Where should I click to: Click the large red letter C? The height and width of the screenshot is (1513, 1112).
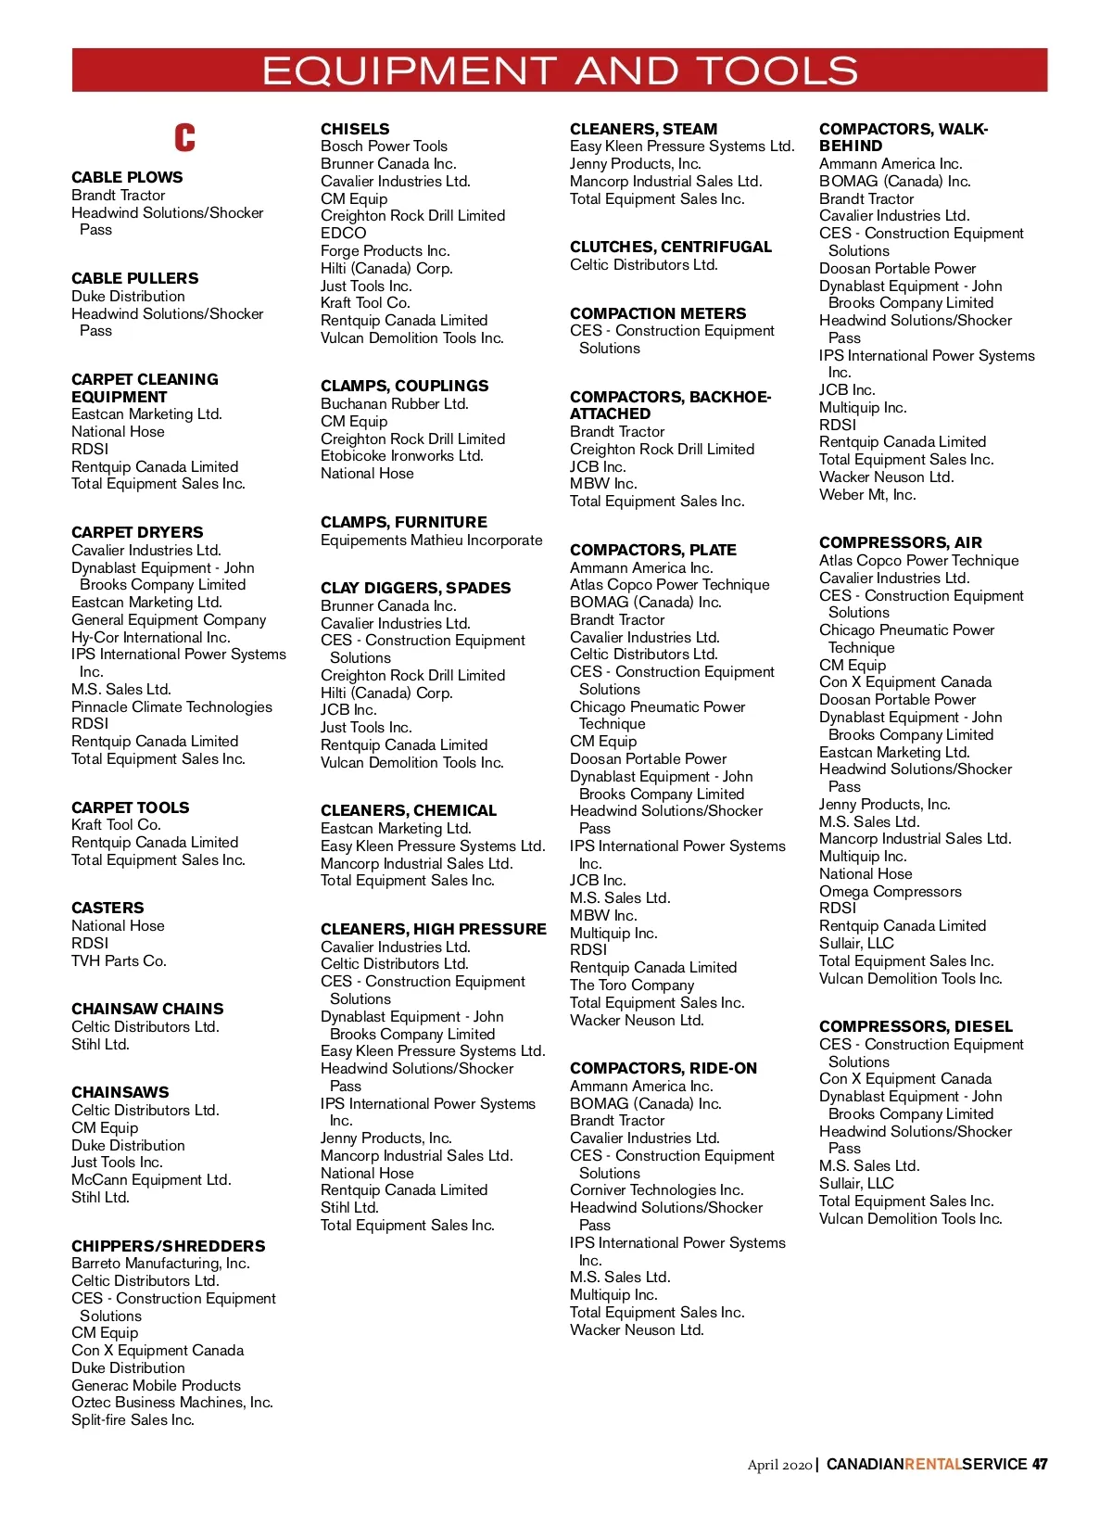click(185, 137)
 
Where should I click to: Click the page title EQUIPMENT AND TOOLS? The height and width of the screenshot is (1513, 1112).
click(560, 70)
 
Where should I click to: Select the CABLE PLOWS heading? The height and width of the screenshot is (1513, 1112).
click(127, 177)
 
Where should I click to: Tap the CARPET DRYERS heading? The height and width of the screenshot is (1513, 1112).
click(137, 532)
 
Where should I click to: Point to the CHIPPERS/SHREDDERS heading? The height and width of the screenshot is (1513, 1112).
click(168, 1246)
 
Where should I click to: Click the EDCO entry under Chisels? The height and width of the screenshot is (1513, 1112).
click(344, 233)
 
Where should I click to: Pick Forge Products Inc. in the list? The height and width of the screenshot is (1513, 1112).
click(385, 250)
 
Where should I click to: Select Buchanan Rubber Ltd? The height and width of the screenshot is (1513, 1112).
click(394, 403)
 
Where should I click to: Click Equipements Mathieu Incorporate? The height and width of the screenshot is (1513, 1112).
click(431, 540)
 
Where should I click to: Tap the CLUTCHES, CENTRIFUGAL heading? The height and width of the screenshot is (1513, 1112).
click(670, 247)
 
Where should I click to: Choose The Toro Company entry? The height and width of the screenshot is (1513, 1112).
click(631, 985)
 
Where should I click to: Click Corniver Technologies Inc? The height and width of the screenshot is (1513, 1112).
click(656, 1189)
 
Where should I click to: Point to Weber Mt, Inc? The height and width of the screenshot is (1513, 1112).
click(866, 494)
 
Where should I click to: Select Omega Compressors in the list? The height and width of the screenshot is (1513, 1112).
click(890, 891)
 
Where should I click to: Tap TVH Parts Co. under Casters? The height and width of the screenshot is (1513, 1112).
click(119, 960)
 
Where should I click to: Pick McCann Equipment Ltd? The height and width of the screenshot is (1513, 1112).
click(151, 1179)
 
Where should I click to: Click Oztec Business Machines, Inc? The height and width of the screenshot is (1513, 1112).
click(171, 1402)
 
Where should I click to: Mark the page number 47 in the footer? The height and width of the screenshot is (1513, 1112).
click(1040, 1464)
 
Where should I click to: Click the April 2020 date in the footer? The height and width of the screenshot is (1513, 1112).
click(779, 1465)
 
